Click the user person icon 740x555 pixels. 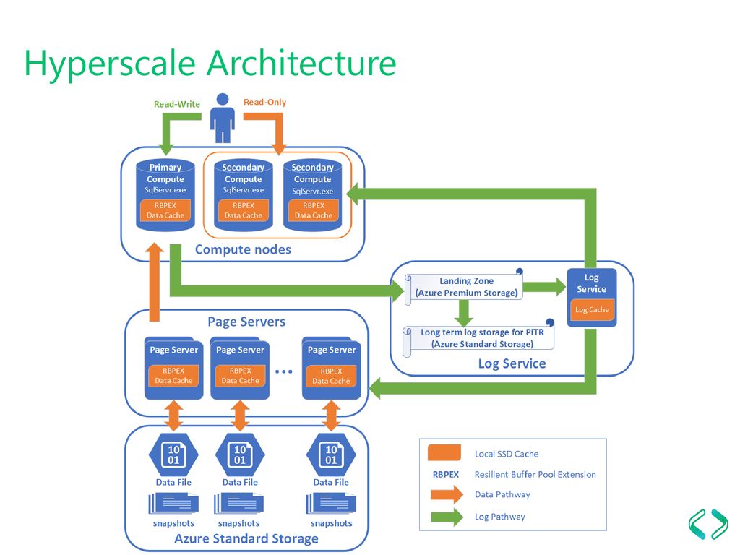[x=223, y=118]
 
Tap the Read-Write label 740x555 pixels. [x=177, y=104]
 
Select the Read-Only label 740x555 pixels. [x=264, y=102]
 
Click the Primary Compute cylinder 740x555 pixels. [x=165, y=195]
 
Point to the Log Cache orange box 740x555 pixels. [x=592, y=310]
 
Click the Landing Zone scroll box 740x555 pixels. [x=464, y=287]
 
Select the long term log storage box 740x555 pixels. [x=478, y=338]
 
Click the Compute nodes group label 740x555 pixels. [x=243, y=249]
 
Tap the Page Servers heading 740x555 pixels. [x=246, y=322]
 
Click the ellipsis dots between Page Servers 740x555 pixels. [x=283, y=371]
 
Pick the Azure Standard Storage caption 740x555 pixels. [x=246, y=538]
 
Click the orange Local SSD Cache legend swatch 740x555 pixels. [x=444, y=452]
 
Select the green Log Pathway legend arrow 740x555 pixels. [x=447, y=517]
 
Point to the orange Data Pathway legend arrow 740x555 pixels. [x=447, y=494]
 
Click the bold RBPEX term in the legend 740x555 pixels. [x=445, y=474]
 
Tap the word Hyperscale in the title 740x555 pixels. [x=110, y=64]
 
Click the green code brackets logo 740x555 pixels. [x=708, y=524]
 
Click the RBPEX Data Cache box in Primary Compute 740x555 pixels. [x=165, y=210]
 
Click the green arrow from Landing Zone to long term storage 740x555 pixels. [x=464, y=313]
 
